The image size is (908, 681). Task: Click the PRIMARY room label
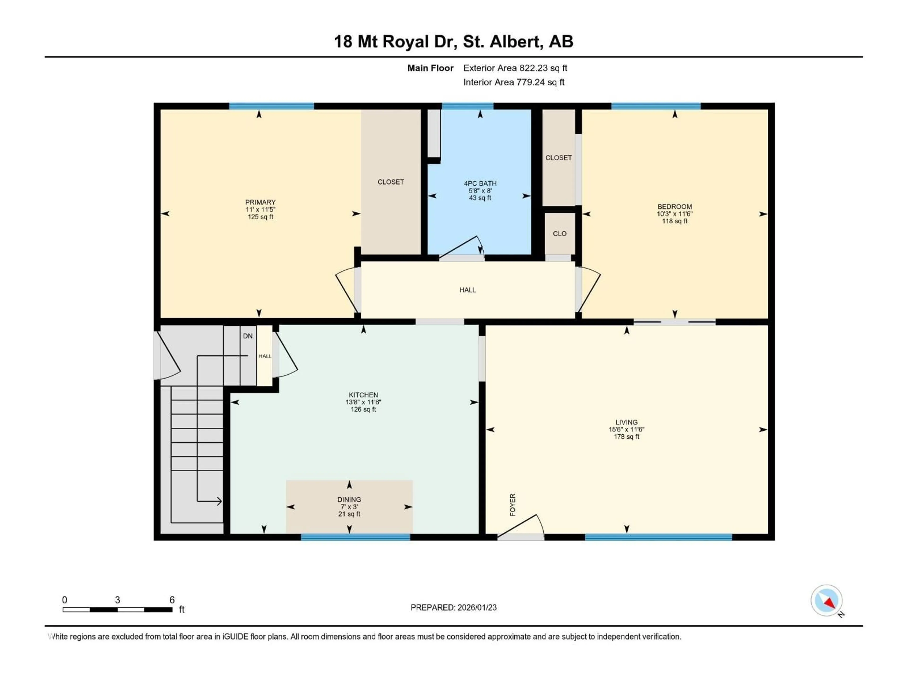260,202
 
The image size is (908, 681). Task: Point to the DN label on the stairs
248,336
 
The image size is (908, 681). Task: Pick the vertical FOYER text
513,505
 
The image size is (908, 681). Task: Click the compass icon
826,600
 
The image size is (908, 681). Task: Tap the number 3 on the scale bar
117,600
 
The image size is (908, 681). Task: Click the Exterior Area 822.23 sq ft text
515,68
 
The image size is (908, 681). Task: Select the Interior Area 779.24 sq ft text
514,82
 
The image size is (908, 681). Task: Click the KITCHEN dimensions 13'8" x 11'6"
363,402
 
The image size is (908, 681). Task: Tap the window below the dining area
355,537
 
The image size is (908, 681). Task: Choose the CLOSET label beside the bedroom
558,158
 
